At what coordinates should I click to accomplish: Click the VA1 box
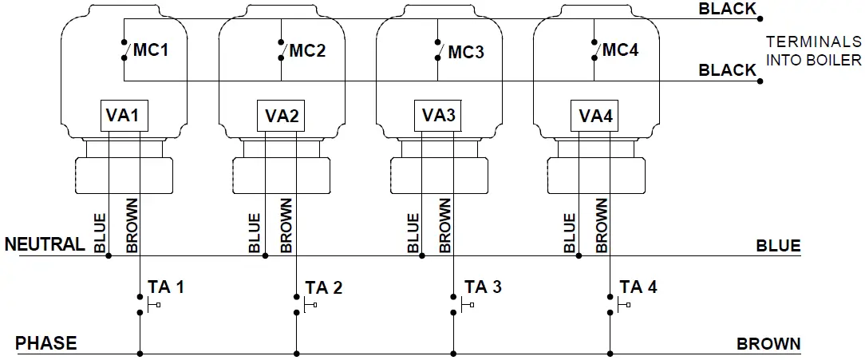124,117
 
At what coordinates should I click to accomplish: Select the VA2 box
281,117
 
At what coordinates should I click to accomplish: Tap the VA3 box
437,117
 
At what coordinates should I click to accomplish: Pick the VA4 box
594,117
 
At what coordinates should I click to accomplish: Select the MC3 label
465,53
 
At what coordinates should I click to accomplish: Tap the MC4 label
620,50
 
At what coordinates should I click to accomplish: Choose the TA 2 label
324,287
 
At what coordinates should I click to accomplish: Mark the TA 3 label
483,287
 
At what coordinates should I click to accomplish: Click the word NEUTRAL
45,244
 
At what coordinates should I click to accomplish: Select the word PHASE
45,343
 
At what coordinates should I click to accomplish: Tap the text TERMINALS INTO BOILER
813,51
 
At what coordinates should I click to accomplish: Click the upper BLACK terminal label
727,9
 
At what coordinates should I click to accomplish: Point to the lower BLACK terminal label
727,70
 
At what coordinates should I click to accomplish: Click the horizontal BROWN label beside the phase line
768,344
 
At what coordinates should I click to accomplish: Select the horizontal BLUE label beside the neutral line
778,246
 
